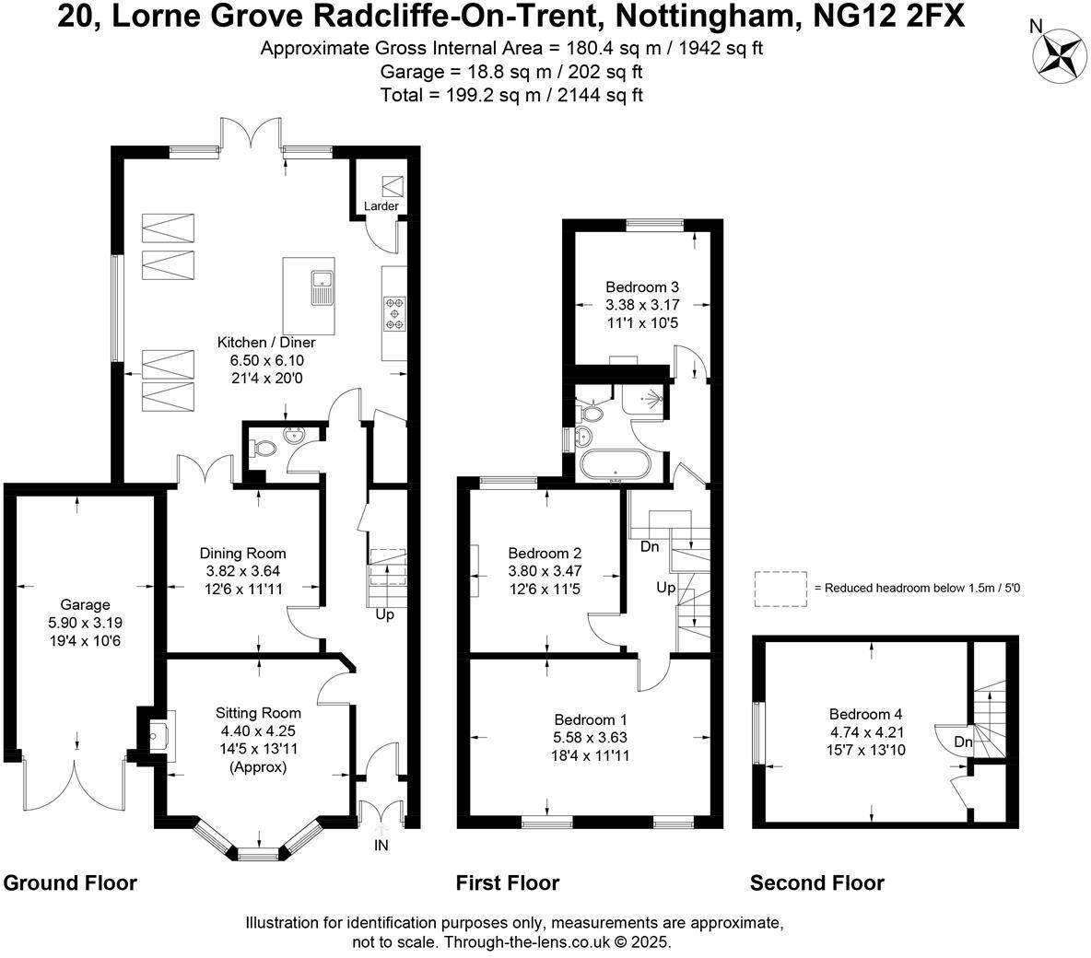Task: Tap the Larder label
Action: pyautogui.click(x=381, y=206)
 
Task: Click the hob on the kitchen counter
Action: pyautogui.click(x=394, y=314)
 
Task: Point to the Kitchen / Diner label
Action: pyautogui.click(x=266, y=343)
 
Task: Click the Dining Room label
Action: pyautogui.click(x=243, y=553)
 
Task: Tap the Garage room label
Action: pyautogui.click(x=85, y=605)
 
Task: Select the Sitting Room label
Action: pyautogui.click(x=258, y=713)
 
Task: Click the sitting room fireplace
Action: pyautogui.click(x=161, y=735)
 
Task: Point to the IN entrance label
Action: pyautogui.click(x=381, y=846)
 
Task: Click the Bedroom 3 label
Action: pyautogui.click(x=642, y=286)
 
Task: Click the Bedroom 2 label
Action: pyautogui.click(x=545, y=553)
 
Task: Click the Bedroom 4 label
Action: pyautogui.click(x=865, y=714)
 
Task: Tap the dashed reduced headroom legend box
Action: pyautogui.click(x=780, y=590)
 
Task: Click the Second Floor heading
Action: pyautogui.click(x=816, y=883)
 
